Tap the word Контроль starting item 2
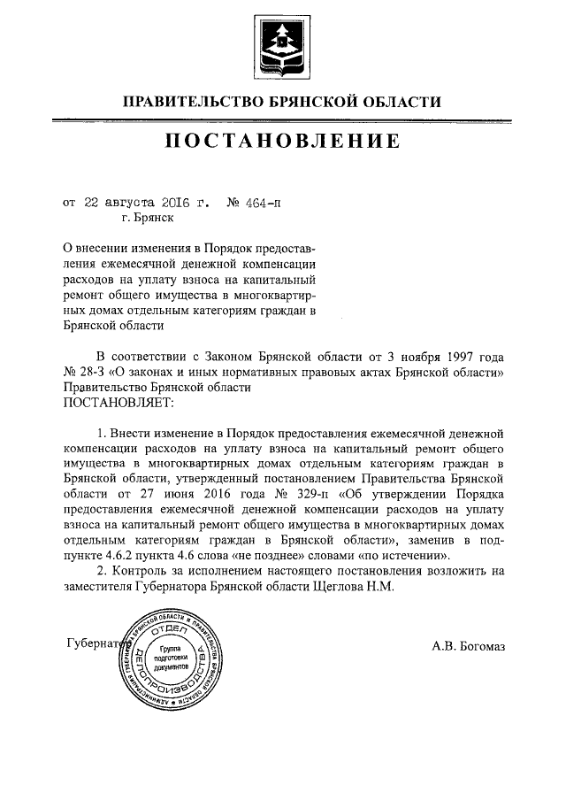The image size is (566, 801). coord(142,571)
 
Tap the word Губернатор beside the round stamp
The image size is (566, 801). coord(93,643)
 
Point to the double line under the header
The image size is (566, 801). coord(282,119)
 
